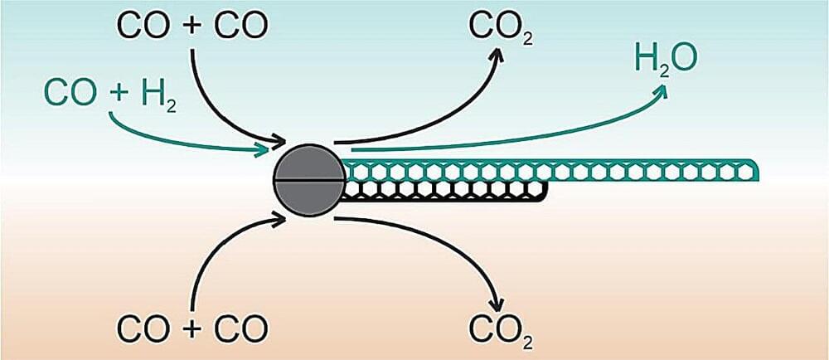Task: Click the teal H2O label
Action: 665,60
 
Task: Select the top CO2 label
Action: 500,27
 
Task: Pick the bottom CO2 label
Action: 500,330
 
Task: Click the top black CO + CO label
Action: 192,26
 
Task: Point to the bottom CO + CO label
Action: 192,329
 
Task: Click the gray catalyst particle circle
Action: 308,180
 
